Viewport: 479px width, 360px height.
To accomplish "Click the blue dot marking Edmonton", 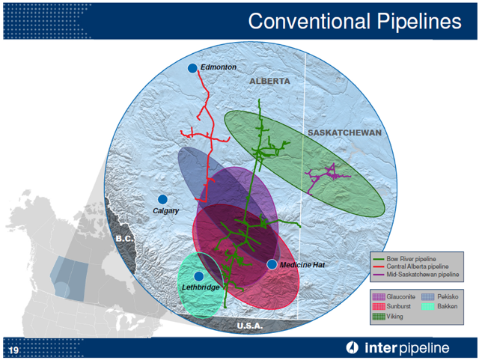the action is point(192,68).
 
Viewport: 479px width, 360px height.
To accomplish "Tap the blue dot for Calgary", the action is point(162,199).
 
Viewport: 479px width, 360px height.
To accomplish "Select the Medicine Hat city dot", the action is point(272,264).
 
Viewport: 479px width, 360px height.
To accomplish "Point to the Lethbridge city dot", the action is point(199,276).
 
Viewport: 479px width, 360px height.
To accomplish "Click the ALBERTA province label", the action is point(269,82).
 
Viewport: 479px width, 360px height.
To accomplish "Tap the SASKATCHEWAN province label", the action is point(344,132).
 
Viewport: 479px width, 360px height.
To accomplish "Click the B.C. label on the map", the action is point(125,238).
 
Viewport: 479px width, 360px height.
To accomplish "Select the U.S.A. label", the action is point(250,326).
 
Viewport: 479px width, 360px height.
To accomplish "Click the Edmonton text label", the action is point(219,67).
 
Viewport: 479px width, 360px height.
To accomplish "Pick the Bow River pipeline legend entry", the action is point(405,259).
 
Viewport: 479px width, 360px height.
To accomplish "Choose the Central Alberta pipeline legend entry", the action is point(411,266).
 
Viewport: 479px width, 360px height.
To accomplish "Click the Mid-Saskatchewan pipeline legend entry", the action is point(416,275).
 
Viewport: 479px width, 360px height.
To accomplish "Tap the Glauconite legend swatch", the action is point(379,296).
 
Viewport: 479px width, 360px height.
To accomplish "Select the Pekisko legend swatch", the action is point(427,296).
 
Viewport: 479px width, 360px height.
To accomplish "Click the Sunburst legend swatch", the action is point(379,306).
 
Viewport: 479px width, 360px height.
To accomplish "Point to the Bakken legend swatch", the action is point(427,306).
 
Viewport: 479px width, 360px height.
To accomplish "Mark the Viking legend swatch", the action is point(379,317).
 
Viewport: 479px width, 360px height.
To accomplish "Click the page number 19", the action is point(13,350).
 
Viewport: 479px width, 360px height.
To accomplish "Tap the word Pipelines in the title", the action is point(419,22).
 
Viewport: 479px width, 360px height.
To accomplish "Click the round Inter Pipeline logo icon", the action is point(352,347).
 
